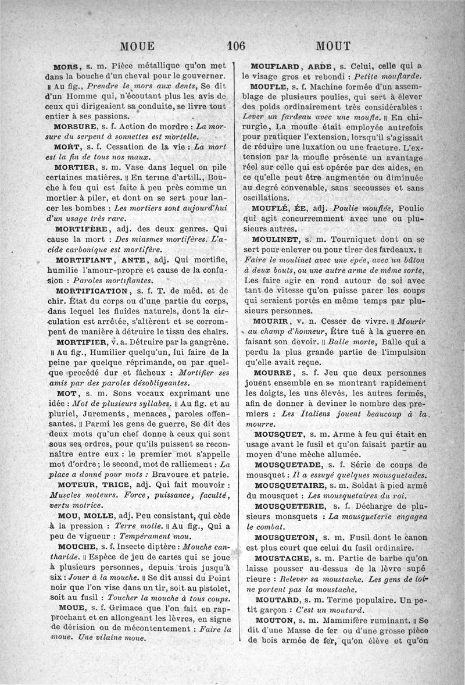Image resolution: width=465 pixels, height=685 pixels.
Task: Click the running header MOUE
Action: [x=137, y=47]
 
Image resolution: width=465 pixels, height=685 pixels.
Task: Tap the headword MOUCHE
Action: [x=74, y=547]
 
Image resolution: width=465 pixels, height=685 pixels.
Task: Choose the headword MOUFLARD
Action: [x=274, y=65]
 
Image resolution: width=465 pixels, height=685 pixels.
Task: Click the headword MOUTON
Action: [x=273, y=620]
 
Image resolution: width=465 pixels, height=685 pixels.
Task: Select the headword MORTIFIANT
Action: [x=84, y=259]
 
